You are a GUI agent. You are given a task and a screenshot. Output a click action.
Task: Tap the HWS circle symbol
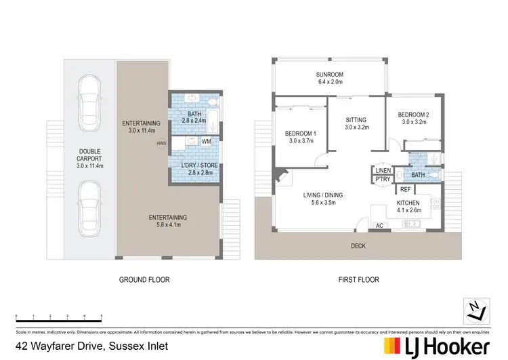pyautogui.click(x=161, y=143)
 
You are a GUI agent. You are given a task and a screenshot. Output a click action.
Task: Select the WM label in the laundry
pyautogui.click(x=207, y=141)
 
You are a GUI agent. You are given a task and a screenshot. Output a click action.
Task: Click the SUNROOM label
pyautogui.click(x=331, y=75)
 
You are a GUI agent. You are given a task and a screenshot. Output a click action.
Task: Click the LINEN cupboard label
pyautogui.click(x=382, y=171)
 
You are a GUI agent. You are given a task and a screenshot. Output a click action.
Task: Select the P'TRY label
pyautogui.click(x=382, y=179)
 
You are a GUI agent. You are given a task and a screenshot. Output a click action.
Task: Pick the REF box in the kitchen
pyautogui.click(x=405, y=190)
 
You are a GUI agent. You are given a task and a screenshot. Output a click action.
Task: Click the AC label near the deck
pyautogui.click(x=379, y=225)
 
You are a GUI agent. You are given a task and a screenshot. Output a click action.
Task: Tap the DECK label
pyautogui.click(x=358, y=246)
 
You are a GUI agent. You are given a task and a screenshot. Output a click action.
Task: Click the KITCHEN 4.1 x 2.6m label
pyautogui.click(x=408, y=207)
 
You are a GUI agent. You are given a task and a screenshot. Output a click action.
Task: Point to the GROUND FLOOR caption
pyautogui.click(x=144, y=279)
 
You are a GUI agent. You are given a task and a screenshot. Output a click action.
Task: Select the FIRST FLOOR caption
pyautogui.click(x=358, y=279)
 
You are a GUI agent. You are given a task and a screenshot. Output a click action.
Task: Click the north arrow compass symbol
pyautogui.click(x=476, y=312)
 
